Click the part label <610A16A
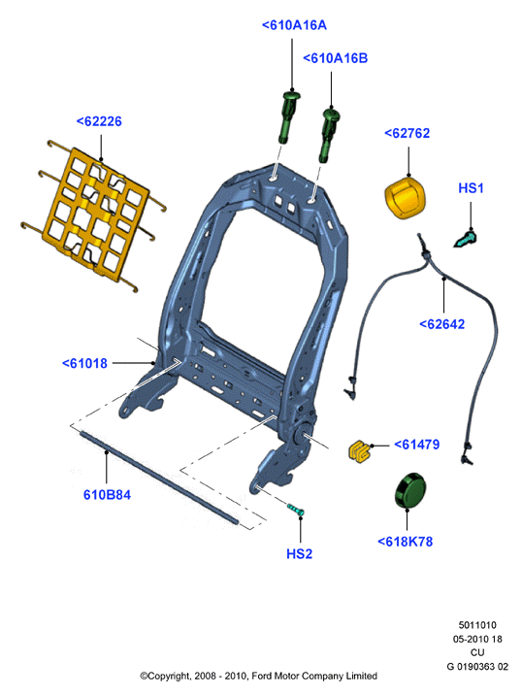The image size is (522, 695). [x=294, y=25]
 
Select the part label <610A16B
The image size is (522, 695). [x=335, y=58]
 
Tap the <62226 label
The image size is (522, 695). [x=99, y=121]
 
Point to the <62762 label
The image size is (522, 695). [x=407, y=133]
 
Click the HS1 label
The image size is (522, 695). [x=471, y=188]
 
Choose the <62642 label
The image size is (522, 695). [x=441, y=324]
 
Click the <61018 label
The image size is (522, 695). [x=84, y=363]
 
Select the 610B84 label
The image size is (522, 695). [x=107, y=495]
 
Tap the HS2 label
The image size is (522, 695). [x=299, y=554]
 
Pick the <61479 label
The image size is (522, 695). [x=416, y=445]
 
